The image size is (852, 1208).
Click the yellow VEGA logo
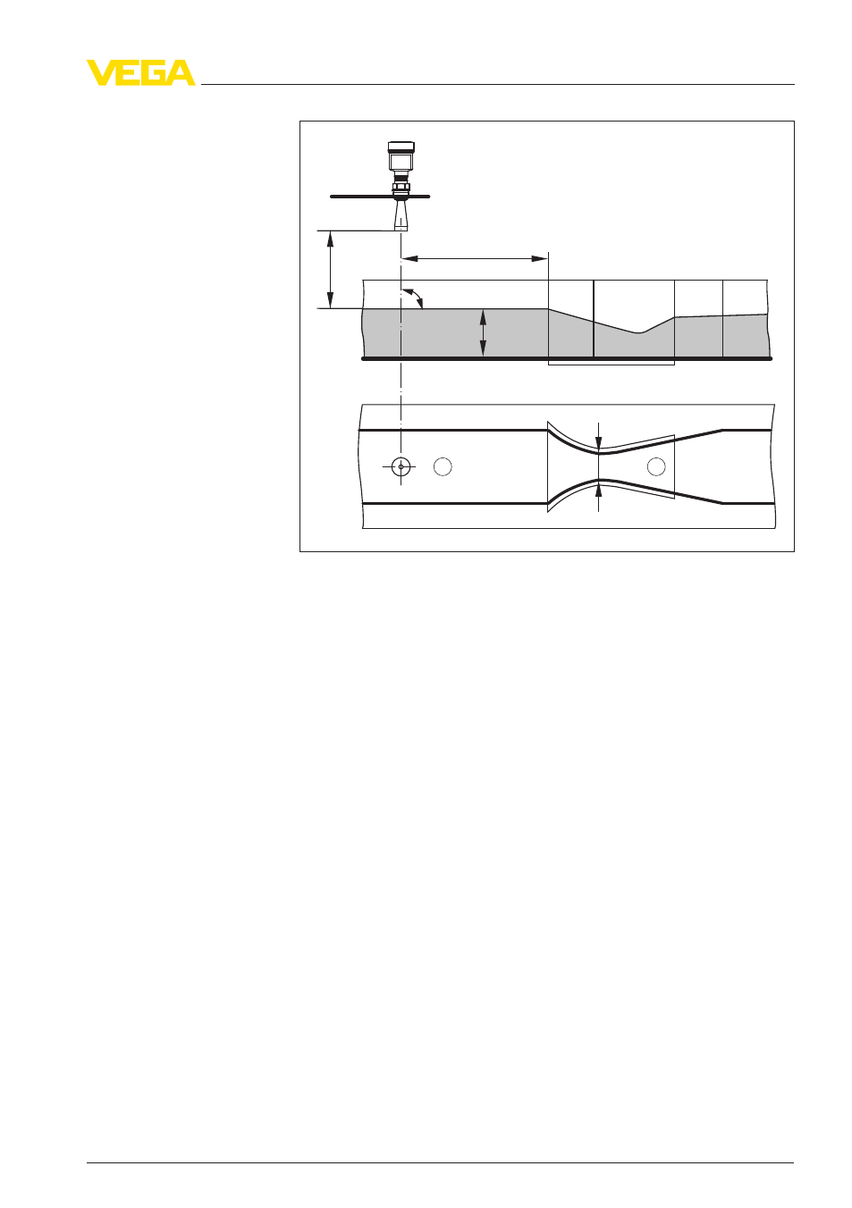pyautogui.click(x=141, y=72)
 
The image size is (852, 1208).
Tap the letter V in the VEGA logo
pyautogui.click(x=101, y=72)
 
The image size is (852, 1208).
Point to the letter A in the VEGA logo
pyautogui.click(x=181, y=72)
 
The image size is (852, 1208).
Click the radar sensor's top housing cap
pyautogui.click(x=401, y=147)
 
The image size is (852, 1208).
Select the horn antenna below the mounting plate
pyautogui.click(x=401, y=215)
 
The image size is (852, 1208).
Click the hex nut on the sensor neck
pyautogui.click(x=401, y=187)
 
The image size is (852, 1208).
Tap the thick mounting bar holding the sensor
pyautogui.click(x=380, y=197)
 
